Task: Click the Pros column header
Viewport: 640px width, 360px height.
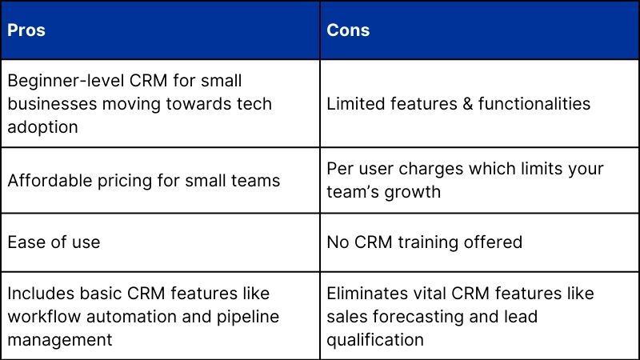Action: point(26,30)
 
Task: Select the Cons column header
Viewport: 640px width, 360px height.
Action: point(348,30)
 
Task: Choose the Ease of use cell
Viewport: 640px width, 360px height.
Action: point(54,242)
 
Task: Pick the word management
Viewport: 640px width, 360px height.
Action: point(60,339)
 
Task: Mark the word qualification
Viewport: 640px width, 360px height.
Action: point(374,339)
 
